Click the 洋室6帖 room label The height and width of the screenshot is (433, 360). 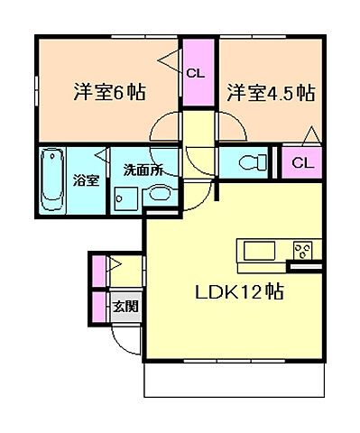(110, 92)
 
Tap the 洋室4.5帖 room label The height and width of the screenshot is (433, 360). (271, 92)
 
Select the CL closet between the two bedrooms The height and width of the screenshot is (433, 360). (194, 73)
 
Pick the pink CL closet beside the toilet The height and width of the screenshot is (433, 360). (304, 162)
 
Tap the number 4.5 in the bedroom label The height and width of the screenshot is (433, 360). (282, 92)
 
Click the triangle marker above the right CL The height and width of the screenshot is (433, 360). (310, 137)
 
